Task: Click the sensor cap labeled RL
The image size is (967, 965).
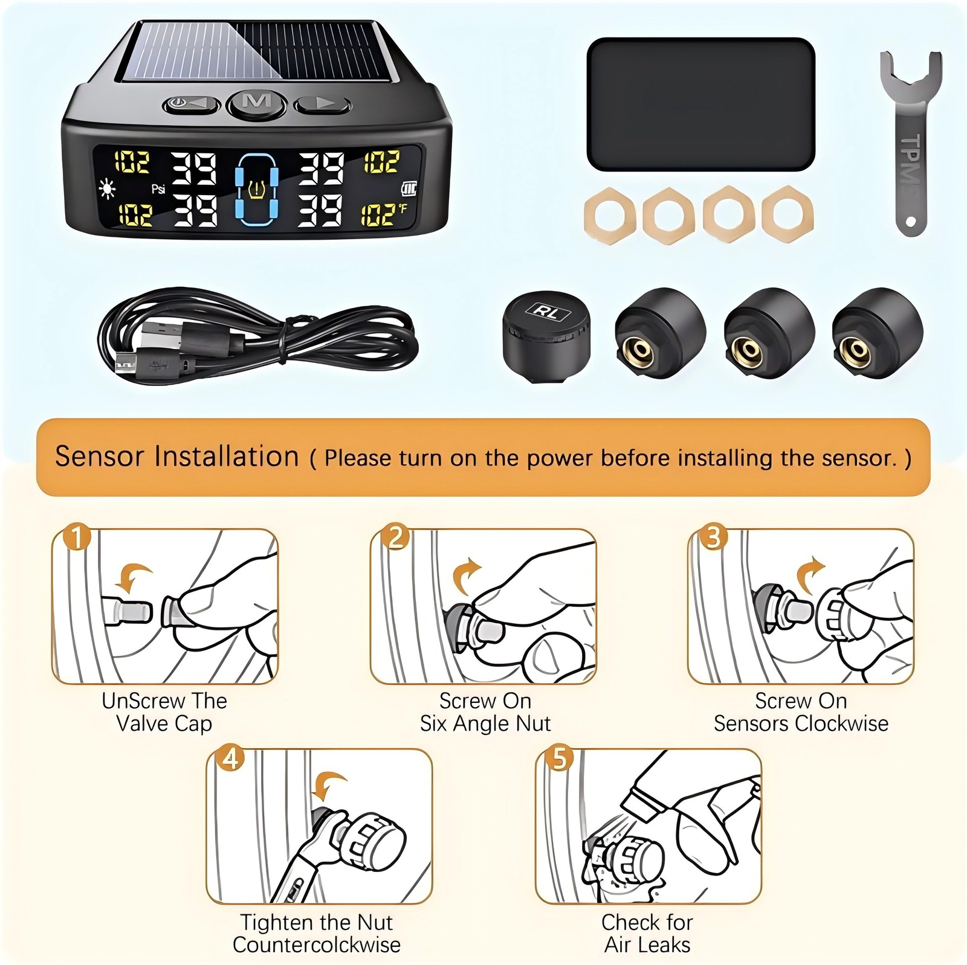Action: pyautogui.click(x=546, y=335)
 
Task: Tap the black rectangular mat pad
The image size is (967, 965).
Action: pyautogui.click(x=700, y=105)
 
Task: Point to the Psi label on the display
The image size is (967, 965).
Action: pyautogui.click(x=158, y=189)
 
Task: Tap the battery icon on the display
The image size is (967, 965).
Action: pyautogui.click(x=409, y=190)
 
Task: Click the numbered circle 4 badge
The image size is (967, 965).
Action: pyautogui.click(x=231, y=758)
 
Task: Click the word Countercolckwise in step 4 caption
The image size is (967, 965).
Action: pyautogui.click(x=317, y=945)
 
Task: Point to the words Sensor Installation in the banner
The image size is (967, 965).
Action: pyautogui.click(x=177, y=457)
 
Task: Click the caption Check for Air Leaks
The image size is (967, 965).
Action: pyautogui.click(x=647, y=934)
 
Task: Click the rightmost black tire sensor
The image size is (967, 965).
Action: pyautogui.click(x=877, y=333)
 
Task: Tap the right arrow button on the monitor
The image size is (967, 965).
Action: pyautogui.click(x=322, y=104)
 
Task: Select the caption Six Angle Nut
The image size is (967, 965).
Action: pyautogui.click(x=485, y=723)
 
